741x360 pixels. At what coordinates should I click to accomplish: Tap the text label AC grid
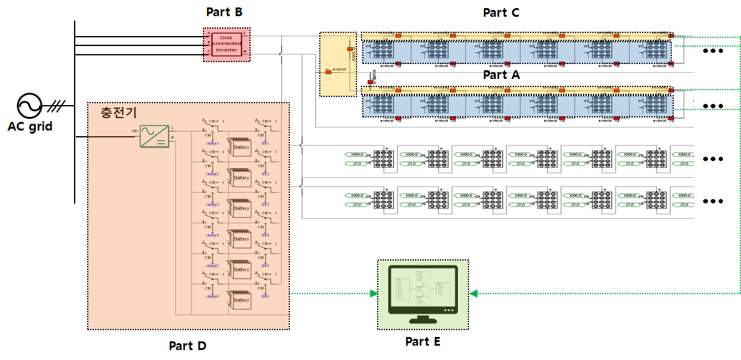30,126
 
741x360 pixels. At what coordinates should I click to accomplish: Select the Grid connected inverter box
225,44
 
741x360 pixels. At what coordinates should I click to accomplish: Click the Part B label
224,12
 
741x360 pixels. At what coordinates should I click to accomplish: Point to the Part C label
501,12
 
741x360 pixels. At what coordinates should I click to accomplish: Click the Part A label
501,75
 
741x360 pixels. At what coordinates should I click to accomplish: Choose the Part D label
187,346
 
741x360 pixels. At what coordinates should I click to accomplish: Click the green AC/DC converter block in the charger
152,136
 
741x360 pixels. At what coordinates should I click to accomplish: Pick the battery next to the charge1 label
240,147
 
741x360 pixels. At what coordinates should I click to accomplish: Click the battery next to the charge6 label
240,300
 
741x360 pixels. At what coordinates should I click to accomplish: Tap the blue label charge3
212,204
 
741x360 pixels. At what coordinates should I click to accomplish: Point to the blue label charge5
212,265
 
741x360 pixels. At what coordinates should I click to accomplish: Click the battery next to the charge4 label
240,239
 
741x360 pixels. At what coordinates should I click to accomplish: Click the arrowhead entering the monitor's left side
374,293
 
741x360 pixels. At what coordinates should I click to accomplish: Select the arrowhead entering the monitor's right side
473,293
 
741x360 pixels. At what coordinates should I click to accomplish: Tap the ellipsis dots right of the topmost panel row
712,51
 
